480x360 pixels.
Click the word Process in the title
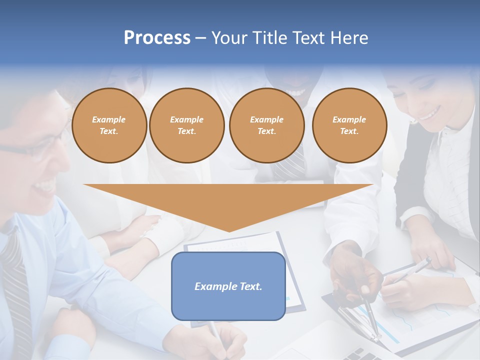tap(157, 38)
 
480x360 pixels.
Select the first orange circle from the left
tap(109, 125)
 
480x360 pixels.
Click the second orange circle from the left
tap(187, 125)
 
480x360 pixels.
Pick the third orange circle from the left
tap(266, 125)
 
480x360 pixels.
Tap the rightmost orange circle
tap(349, 125)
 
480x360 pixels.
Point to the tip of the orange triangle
tap(229, 231)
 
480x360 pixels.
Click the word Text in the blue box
tap(250, 286)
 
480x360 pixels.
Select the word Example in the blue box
tap(216, 286)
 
